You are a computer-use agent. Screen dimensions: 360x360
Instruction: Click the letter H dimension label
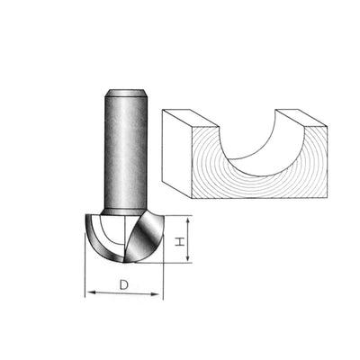pyautogui.click(x=179, y=241)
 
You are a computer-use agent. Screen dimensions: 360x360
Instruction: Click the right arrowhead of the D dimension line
pyautogui.click(x=162, y=294)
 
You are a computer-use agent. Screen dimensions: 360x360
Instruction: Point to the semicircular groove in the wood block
pyautogui.click(x=261, y=144)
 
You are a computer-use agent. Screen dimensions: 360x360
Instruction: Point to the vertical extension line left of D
pyautogui.click(x=85, y=270)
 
